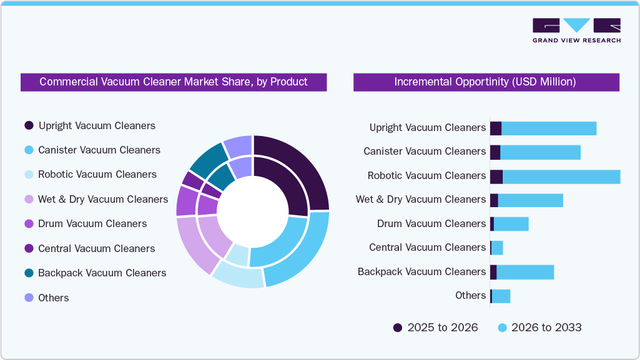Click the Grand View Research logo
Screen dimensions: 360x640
click(x=576, y=30)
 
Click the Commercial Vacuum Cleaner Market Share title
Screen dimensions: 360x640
click(x=173, y=82)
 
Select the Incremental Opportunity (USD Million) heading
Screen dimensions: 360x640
click(x=485, y=82)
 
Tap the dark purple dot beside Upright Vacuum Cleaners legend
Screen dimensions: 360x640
click(x=29, y=126)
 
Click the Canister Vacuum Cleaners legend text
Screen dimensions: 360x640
click(x=99, y=150)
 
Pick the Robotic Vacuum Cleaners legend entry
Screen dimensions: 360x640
click(x=97, y=175)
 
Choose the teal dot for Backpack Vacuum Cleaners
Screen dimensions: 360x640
click(x=29, y=273)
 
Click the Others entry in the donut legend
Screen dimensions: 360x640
click(x=53, y=298)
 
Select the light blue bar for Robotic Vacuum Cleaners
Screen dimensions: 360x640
click(x=561, y=177)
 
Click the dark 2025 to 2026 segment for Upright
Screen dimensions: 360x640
click(x=495, y=129)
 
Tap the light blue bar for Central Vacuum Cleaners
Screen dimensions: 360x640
click(x=497, y=248)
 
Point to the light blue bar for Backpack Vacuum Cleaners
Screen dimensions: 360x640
click(x=524, y=272)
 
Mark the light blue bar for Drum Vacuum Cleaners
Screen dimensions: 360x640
click(x=511, y=224)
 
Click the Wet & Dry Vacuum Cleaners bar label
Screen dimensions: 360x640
click(x=420, y=200)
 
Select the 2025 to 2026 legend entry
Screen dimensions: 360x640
click(x=442, y=328)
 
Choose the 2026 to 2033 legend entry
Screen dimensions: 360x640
click(x=546, y=328)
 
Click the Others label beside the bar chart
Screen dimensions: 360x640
click(x=470, y=296)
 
